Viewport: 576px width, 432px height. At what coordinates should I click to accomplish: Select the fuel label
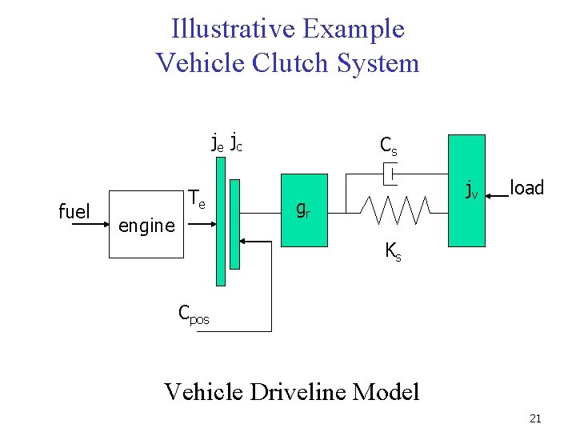74,212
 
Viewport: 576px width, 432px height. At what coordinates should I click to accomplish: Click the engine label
146,226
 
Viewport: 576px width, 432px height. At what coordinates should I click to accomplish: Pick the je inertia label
217,144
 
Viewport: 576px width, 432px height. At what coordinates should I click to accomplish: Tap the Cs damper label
389,146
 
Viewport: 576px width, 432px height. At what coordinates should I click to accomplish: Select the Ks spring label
393,251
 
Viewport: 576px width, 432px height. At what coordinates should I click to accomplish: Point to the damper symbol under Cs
390,173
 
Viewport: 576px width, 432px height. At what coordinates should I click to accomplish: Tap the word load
526,189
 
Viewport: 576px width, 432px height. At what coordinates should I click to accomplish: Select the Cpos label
194,314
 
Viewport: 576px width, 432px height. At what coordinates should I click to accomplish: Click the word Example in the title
354,30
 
